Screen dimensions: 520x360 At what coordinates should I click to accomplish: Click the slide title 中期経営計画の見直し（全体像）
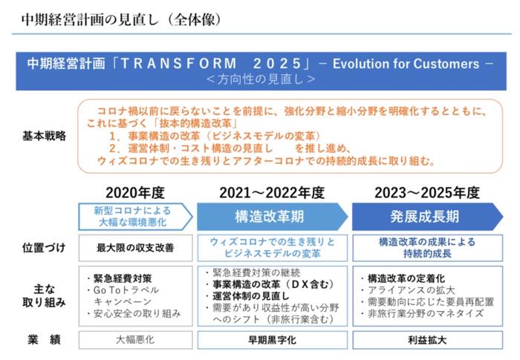coord(121,19)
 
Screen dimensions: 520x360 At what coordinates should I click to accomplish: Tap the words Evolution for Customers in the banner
coord(406,64)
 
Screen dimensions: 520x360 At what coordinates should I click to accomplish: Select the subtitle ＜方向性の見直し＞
coord(261,79)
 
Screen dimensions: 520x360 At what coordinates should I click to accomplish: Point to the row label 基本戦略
coord(44,136)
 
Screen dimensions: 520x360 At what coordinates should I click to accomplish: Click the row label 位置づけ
coord(44,248)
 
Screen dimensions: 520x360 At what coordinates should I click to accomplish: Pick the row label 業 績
coord(44,340)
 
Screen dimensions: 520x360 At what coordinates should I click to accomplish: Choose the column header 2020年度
coord(135,192)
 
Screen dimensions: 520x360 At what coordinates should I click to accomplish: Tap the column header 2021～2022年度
coord(272,192)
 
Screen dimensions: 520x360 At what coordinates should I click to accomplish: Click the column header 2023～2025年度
coord(427,192)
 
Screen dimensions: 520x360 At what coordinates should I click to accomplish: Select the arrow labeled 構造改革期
coord(272,217)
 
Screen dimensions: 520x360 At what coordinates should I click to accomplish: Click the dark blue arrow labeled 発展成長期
coord(427,217)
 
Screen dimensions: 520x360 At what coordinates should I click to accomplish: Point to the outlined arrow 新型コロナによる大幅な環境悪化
coord(135,217)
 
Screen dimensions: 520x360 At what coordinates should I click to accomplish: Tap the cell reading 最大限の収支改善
coord(135,248)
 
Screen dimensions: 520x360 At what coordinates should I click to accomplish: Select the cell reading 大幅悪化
coord(135,340)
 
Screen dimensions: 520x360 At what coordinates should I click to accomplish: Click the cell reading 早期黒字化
coord(273,340)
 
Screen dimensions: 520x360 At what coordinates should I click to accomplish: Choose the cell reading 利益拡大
coord(427,340)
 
